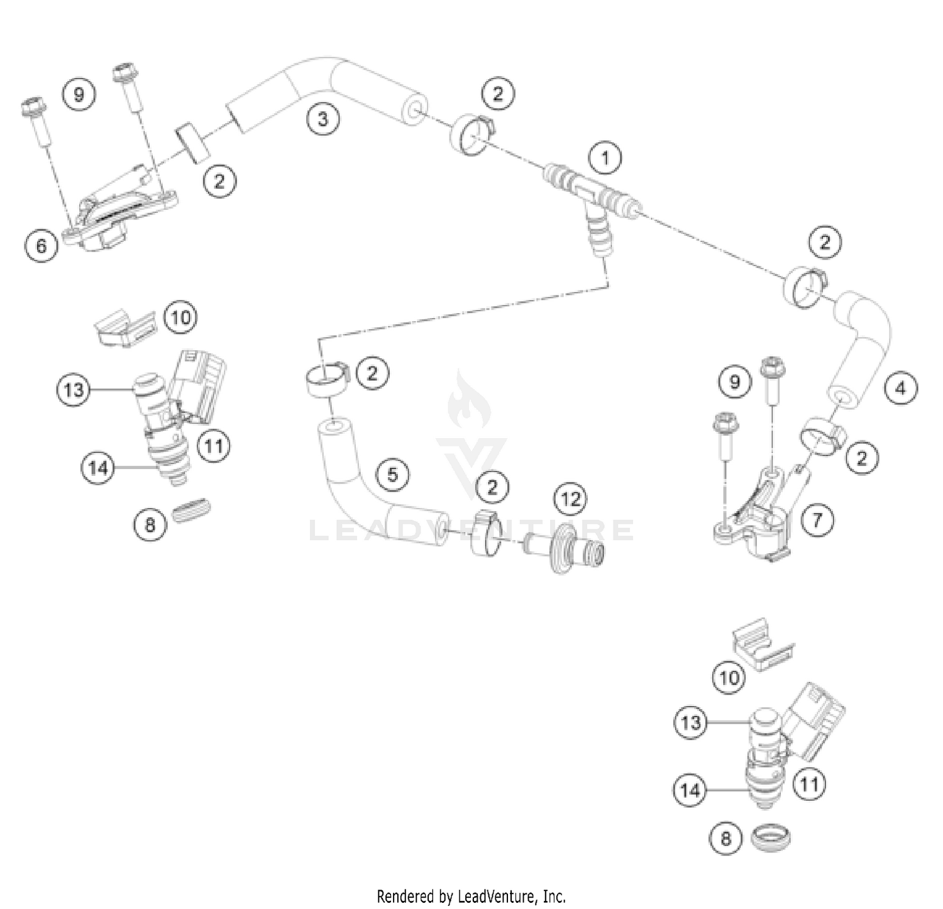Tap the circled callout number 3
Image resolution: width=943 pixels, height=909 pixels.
(x=323, y=118)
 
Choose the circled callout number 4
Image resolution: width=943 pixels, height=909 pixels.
(x=900, y=388)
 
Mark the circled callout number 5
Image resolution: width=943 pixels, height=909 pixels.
(x=392, y=474)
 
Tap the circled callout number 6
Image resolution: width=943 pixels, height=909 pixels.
(x=41, y=245)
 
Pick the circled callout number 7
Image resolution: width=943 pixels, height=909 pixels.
(x=817, y=520)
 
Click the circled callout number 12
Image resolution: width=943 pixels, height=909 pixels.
(x=570, y=499)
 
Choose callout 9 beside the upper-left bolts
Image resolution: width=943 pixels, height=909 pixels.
(x=79, y=94)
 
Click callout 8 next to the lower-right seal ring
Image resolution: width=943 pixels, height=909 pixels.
(x=726, y=839)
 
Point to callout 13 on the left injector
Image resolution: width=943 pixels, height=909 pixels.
(x=73, y=390)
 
